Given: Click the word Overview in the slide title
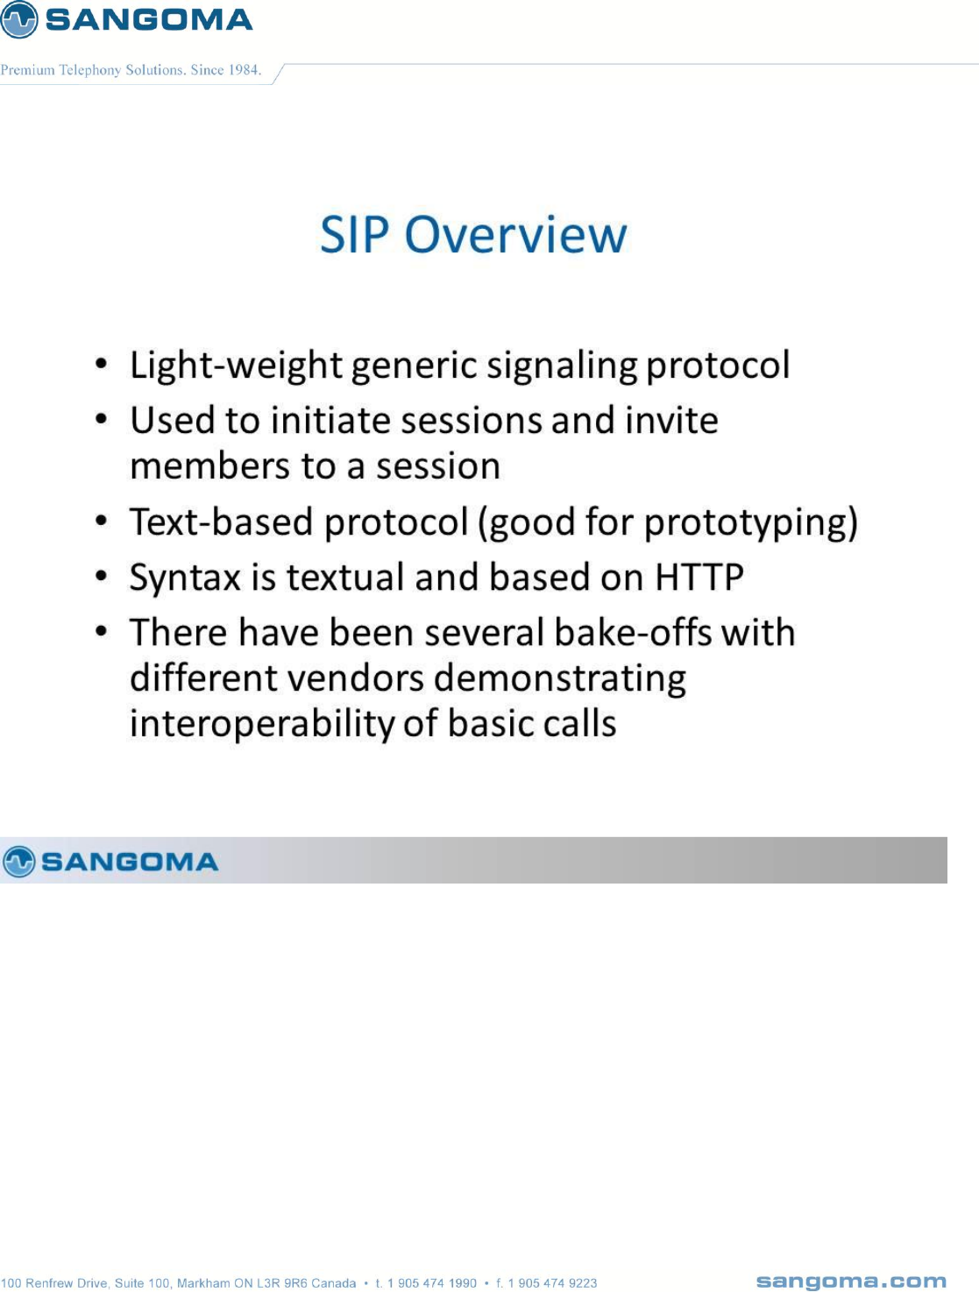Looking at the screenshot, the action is [x=515, y=235].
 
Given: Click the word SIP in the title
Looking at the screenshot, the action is [x=355, y=235].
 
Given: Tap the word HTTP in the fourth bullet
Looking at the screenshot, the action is [x=699, y=577].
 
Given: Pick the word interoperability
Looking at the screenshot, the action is [x=262, y=724].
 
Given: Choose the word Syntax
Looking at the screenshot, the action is [x=185, y=578].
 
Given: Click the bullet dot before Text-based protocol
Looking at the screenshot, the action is [x=102, y=521].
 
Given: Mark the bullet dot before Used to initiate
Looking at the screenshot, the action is [x=102, y=420].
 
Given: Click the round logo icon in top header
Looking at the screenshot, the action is [x=19, y=19].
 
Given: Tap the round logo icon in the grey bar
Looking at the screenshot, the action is [x=19, y=862].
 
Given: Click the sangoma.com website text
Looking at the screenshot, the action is [x=851, y=1281].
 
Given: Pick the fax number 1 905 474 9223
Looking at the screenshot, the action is [x=552, y=1283].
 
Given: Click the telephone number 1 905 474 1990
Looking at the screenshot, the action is [x=432, y=1283].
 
